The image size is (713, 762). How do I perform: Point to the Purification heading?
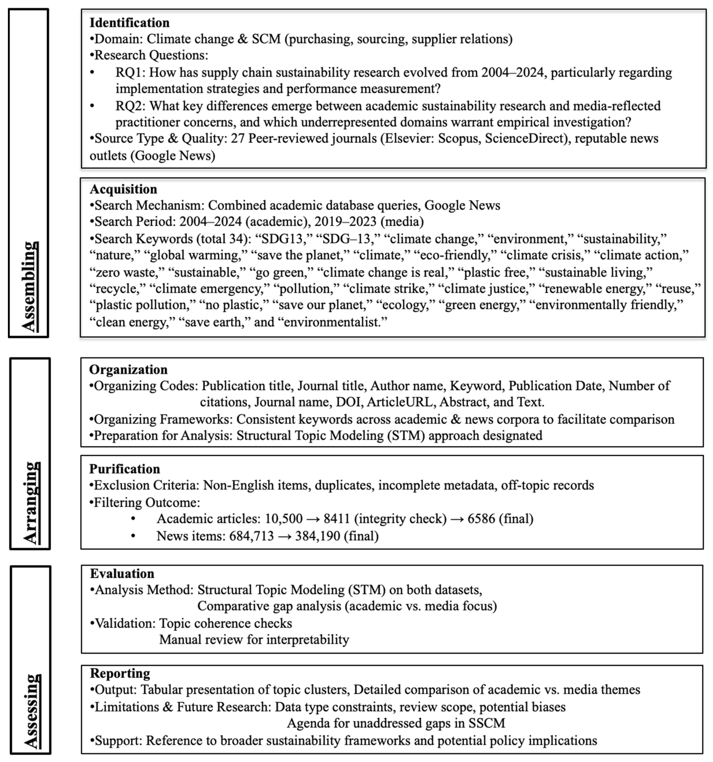[125, 469]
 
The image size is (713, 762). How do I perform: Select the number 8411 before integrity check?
[337, 519]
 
